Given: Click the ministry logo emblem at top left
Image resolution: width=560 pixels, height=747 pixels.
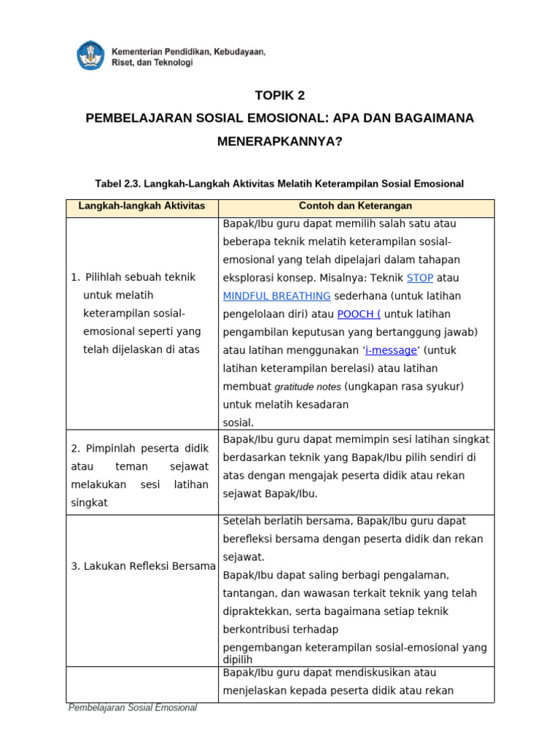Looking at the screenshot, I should pos(90,56).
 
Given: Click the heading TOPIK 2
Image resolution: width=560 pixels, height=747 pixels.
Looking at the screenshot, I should pos(279,96).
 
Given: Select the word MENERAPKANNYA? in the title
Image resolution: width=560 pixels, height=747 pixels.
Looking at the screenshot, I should pos(279,141).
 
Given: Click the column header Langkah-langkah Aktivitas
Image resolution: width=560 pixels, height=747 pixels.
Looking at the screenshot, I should pos(141,206).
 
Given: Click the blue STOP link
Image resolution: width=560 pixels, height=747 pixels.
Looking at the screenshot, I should pos(419,278).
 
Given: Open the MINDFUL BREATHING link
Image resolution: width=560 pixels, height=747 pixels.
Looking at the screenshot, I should pos(276,296).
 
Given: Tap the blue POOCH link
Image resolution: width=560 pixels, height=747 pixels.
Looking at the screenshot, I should pos(358,314).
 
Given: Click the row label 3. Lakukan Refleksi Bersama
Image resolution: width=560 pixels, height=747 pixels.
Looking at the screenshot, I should pos(143,566).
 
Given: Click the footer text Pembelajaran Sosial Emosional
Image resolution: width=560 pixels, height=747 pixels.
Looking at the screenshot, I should pos(132,708).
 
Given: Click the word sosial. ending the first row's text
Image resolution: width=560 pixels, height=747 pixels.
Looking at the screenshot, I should pos(238,422).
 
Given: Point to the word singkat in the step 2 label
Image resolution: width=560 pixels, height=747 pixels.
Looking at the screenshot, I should pos(89,503).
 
